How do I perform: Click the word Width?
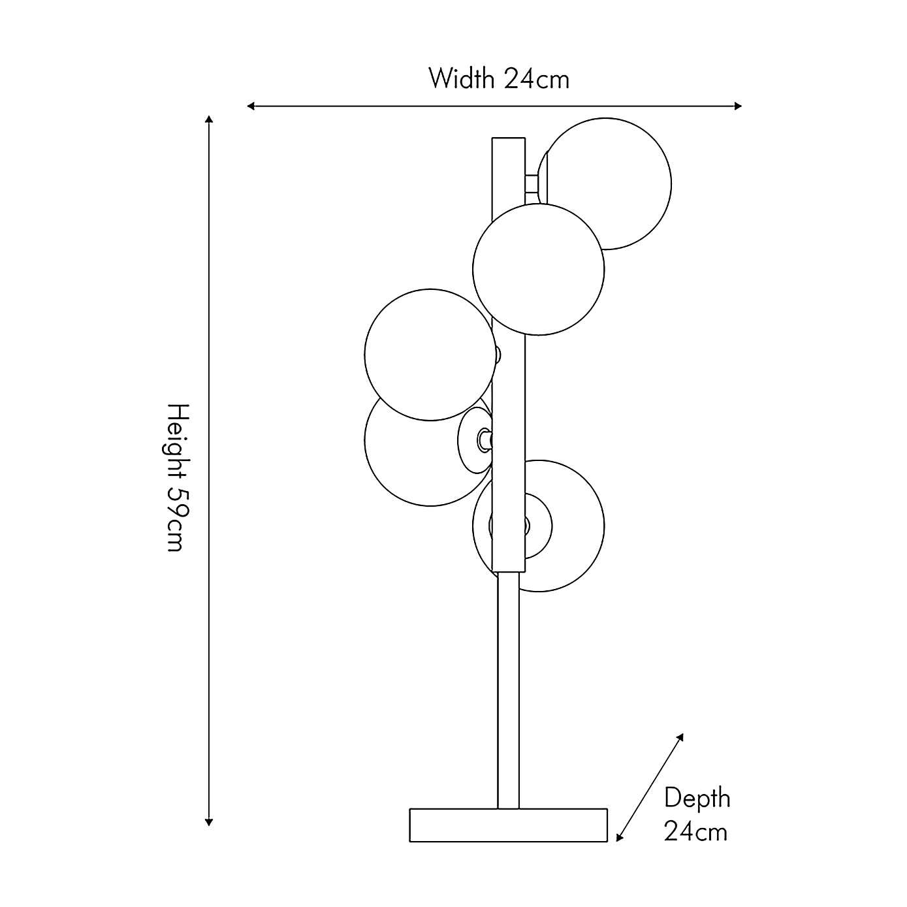point(461,79)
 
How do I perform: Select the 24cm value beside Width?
point(536,79)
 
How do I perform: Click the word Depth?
point(697,798)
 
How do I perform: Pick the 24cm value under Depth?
point(695,832)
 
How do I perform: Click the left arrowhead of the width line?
point(251,106)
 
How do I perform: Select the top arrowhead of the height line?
point(209,119)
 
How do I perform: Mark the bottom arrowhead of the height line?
point(209,822)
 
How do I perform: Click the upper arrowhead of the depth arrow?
point(680,737)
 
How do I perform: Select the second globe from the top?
point(538,269)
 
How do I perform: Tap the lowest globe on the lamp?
point(568,526)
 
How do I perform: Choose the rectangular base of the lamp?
point(508,825)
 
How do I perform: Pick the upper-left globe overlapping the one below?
point(429,354)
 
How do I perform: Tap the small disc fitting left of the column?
point(473,440)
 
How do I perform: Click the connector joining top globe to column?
point(532,183)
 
